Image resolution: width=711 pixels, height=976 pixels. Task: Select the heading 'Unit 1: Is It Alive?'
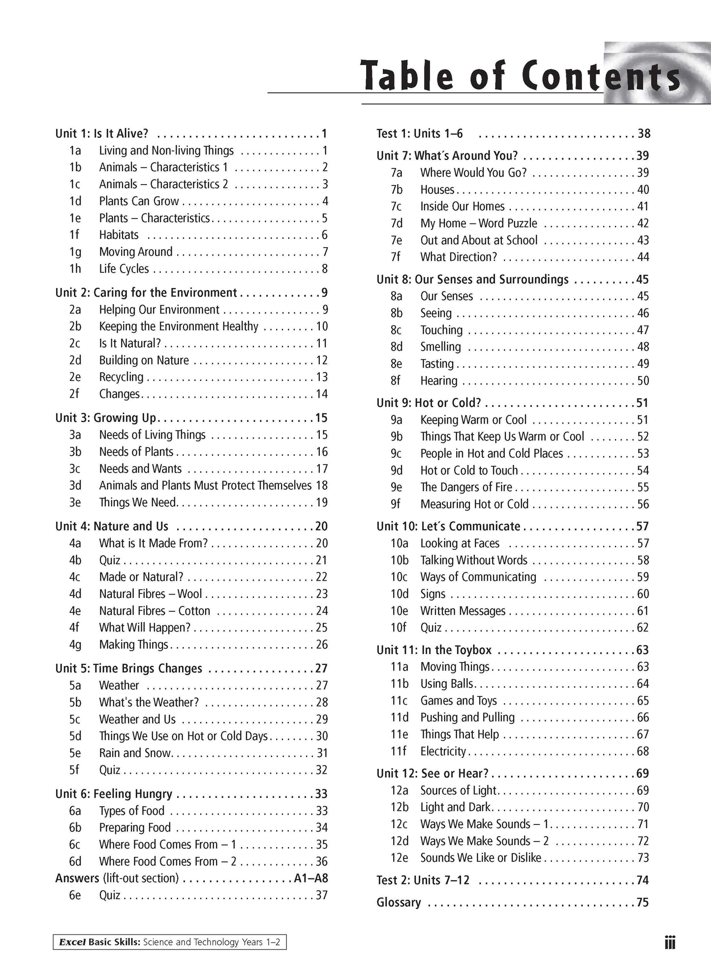(102, 133)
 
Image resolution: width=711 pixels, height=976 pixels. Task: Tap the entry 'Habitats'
(119, 235)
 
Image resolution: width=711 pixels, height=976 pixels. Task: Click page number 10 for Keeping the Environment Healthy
(322, 326)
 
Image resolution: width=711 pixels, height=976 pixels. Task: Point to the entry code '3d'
(75, 485)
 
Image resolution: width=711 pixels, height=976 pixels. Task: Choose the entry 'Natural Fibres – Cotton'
(155, 611)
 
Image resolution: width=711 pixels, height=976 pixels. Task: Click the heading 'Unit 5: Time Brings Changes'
(128, 668)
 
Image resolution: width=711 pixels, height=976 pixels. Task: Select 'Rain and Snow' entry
(135, 753)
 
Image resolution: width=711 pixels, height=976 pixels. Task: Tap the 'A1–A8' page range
(311, 878)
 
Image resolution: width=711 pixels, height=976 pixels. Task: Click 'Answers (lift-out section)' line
(117, 878)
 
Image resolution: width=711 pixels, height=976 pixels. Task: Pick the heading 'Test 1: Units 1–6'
(419, 133)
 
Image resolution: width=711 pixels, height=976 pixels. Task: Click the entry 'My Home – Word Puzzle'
(478, 223)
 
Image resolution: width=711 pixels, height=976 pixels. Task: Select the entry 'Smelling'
(440, 347)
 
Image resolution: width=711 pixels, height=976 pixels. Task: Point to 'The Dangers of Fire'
(466, 487)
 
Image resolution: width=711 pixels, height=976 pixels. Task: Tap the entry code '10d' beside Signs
(400, 594)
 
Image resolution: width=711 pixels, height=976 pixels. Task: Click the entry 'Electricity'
(443, 751)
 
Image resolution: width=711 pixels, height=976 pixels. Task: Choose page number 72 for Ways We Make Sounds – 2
(643, 841)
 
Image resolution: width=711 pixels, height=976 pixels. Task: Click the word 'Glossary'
(399, 902)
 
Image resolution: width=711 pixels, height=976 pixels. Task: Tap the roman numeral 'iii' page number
(670, 943)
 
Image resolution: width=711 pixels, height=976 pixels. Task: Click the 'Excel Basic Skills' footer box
(170, 942)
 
